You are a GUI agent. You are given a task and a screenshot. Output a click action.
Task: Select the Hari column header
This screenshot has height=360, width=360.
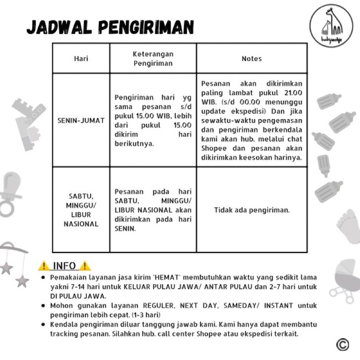81,59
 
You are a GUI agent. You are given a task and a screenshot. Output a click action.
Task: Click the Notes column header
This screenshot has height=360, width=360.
251,59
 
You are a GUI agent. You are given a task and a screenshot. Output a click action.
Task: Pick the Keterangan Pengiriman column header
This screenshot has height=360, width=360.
153,59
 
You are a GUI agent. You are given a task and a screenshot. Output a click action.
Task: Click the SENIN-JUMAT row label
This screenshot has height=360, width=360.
81,120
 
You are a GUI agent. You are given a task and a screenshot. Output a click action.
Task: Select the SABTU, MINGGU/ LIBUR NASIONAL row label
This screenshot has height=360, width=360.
81,210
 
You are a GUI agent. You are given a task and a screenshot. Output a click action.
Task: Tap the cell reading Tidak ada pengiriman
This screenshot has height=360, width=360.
251,210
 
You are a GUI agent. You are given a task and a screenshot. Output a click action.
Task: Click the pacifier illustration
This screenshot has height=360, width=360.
10,193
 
